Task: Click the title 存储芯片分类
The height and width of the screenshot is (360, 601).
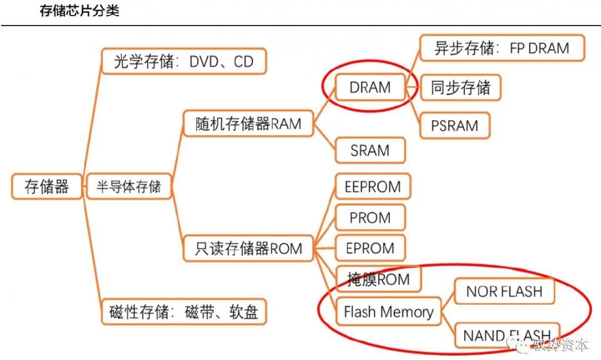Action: point(79,11)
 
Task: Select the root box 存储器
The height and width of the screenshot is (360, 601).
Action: point(47,186)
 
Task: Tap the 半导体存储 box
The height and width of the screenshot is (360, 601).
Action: point(129,186)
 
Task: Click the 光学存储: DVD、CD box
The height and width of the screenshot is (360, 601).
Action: point(184,61)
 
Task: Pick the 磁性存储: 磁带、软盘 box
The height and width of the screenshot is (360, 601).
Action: point(184,312)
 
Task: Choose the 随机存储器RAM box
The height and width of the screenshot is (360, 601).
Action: point(248,124)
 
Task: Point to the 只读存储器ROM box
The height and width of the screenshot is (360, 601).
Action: point(248,248)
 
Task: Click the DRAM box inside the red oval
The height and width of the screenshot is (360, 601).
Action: point(370,87)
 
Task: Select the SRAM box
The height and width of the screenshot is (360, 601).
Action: point(370,150)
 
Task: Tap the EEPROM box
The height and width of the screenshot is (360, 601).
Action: point(372,186)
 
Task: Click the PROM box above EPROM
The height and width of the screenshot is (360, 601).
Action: point(370,218)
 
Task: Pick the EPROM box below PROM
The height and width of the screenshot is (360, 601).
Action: point(370,248)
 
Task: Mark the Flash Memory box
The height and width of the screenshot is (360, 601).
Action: point(388,312)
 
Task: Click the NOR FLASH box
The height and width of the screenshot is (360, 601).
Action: point(504,291)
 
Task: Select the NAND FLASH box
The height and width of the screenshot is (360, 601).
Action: point(506,336)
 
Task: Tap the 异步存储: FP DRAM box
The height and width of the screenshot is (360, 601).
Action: point(502,48)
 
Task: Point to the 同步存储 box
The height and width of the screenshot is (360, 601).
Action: point(460,88)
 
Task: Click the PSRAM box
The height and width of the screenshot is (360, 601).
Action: point(454,125)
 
